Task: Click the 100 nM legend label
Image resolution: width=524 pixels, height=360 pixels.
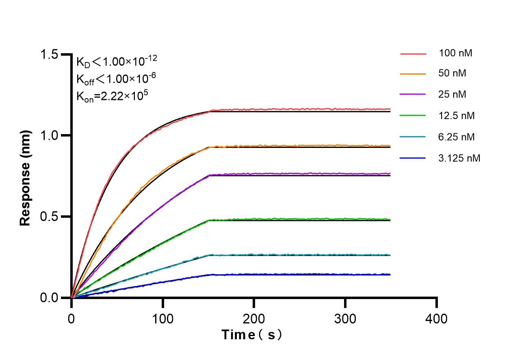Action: coord(455,53)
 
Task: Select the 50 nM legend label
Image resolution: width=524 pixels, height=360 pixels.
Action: coord(453,74)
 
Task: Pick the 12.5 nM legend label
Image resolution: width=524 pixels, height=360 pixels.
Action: coord(457,116)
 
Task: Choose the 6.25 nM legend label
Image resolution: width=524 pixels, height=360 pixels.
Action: coord(457,137)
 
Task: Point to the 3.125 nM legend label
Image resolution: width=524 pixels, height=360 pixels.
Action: coord(459,158)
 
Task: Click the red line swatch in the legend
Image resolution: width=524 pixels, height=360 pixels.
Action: coord(413,53)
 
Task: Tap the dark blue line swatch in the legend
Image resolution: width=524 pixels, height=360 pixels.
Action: coord(413,158)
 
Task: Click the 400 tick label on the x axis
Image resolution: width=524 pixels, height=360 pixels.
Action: coord(437,318)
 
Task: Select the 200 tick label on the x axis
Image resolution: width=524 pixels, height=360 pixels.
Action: coord(254,318)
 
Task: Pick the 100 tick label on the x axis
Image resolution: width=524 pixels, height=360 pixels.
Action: coord(162,318)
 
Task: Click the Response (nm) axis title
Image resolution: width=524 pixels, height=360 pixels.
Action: coord(26,178)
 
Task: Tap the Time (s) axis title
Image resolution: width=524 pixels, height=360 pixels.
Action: coord(252,335)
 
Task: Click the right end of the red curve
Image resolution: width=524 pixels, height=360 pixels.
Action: coord(390,109)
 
